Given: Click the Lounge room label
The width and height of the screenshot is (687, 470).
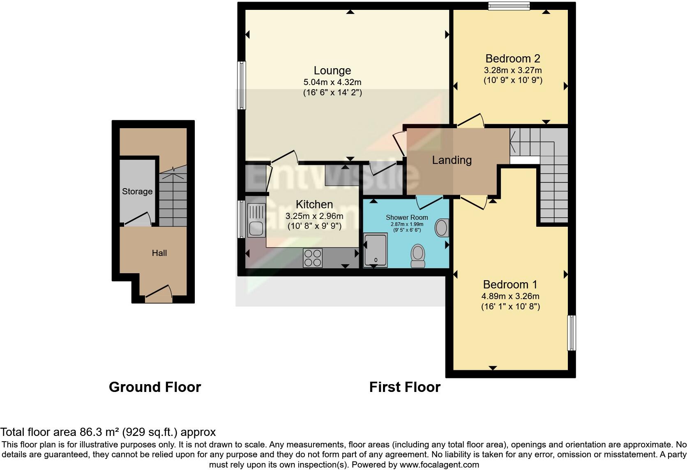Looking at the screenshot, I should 332,71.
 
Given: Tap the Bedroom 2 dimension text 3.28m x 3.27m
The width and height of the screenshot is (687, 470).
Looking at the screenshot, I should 513,70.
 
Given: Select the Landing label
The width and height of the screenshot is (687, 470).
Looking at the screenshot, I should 452,160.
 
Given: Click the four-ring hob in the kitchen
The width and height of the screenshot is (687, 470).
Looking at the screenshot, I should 312,258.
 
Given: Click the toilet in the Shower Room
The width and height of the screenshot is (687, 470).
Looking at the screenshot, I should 418,256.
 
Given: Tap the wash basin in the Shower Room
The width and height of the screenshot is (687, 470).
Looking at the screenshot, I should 442,227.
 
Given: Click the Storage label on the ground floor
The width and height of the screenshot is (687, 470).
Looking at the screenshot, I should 137,191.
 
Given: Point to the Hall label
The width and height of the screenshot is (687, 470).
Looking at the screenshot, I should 159,253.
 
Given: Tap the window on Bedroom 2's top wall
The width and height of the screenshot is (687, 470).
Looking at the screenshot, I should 509,6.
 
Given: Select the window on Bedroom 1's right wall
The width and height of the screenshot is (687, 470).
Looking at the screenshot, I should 571,332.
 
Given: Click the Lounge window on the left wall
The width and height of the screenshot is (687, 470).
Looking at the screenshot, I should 242,85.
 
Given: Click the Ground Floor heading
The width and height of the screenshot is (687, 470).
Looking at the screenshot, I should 154,387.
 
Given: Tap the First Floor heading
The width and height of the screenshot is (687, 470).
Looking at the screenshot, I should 404,387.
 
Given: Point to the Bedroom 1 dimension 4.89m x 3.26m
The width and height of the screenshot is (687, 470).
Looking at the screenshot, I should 510,296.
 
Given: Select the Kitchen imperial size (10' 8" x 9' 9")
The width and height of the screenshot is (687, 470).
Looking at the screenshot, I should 314,226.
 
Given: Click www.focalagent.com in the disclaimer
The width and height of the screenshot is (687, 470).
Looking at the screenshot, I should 439,465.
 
